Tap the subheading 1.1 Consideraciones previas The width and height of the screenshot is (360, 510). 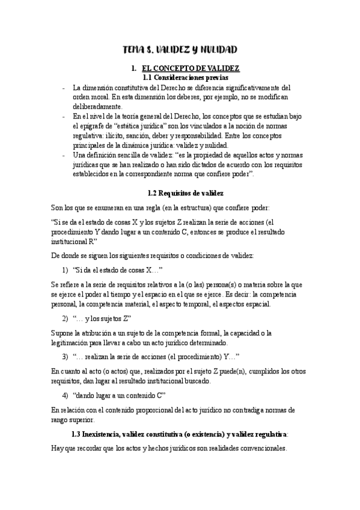[x=181, y=78]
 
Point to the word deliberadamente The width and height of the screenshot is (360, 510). [x=98, y=106]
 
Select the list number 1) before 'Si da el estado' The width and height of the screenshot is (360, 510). [x=66, y=270]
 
